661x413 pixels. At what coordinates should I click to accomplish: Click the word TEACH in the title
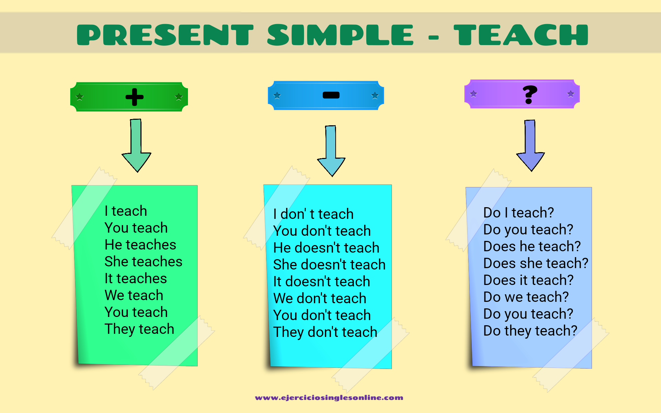[521, 35]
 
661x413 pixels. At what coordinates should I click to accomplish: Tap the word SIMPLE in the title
[340, 35]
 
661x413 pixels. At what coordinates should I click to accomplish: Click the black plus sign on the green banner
[134, 97]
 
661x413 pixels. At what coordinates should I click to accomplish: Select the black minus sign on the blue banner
[331, 95]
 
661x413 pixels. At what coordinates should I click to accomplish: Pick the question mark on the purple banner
[529, 94]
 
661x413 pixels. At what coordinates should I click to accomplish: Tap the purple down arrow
[530, 146]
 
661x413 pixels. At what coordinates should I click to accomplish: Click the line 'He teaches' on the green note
[140, 245]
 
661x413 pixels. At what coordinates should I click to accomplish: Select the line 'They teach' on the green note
[139, 329]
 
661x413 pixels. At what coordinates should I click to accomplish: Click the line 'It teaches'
[136, 278]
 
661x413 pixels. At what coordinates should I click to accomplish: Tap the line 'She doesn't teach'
[329, 265]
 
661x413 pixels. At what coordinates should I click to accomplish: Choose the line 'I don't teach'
[313, 214]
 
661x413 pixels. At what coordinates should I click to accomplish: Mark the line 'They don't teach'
[325, 332]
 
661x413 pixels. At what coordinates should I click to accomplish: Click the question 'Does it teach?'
[528, 280]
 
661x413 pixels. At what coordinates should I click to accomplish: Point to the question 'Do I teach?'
[518, 213]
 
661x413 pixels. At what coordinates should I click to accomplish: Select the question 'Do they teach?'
[530, 331]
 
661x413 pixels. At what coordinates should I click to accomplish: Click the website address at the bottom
[329, 398]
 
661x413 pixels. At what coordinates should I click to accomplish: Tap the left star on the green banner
[80, 97]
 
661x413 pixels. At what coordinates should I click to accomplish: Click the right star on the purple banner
[570, 94]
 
